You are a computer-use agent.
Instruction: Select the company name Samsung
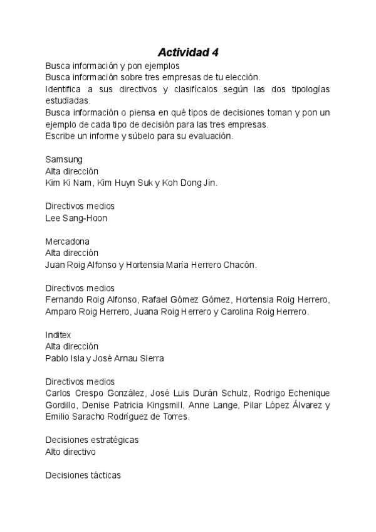tap(64, 159)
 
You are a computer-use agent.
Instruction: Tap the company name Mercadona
tap(68, 242)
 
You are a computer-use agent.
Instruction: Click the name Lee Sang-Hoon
tap(76, 218)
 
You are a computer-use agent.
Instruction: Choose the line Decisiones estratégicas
tap(92, 440)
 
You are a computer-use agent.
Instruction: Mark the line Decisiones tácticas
tap(83, 475)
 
